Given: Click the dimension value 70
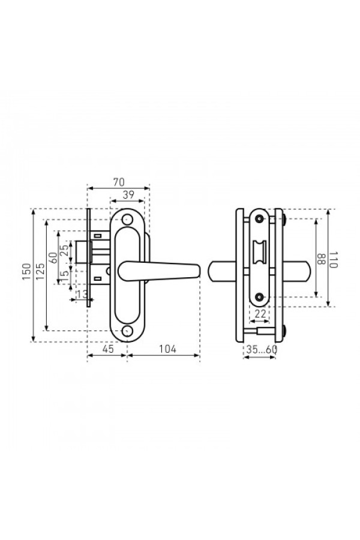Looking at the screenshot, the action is (x=119, y=182).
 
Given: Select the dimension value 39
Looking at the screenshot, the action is (x=128, y=195).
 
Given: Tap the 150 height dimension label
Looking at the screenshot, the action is (x=27, y=272).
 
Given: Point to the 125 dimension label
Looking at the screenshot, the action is (x=40, y=272).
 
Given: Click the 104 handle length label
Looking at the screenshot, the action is (x=167, y=349).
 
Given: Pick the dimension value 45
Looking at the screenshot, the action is (x=108, y=349).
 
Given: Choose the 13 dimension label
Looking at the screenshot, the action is (x=82, y=295).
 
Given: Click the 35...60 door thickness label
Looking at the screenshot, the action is (x=262, y=350).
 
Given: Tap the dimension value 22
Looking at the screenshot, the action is (x=260, y=314).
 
